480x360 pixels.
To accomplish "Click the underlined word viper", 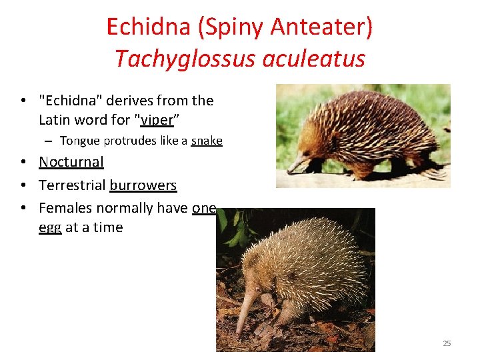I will click(x=157, y=120).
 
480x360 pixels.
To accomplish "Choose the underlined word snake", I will click(x=207, y=141).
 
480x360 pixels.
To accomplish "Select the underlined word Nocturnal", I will click(x=71, y=162).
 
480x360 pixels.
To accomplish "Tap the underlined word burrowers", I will click(x=143, y=185).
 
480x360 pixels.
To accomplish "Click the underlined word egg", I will click(x=50, y=227).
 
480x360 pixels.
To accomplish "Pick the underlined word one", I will click(x=204, y=208).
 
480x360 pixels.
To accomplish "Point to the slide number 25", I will click(x=447, y=343).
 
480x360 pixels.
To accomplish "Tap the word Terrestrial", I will click(x=72, y=185).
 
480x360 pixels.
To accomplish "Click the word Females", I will click(x=65, y=208).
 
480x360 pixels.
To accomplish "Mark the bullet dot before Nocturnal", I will click(x=23, y=163).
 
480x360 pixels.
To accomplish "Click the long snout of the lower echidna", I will click(x=244, y=314).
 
